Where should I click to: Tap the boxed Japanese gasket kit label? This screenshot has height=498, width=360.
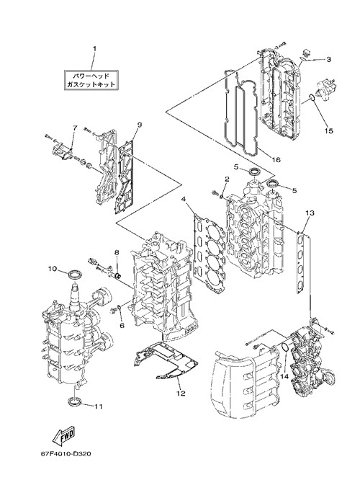91,80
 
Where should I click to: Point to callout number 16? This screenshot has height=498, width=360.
276,160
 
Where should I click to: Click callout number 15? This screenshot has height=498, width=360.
329,130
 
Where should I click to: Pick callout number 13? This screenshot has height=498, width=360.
310,213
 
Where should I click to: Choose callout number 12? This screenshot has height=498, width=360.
181,393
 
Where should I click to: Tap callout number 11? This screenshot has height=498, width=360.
99,406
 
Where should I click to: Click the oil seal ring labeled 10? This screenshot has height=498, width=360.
75,273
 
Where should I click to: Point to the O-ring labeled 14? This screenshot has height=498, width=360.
285,347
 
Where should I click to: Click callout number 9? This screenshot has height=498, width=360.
140,125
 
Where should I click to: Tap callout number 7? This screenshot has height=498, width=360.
75,128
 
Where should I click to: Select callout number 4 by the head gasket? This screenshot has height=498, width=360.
184,199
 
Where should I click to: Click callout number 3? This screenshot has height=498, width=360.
328,59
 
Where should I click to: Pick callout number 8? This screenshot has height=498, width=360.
117,252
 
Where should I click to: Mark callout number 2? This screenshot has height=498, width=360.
227,179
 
